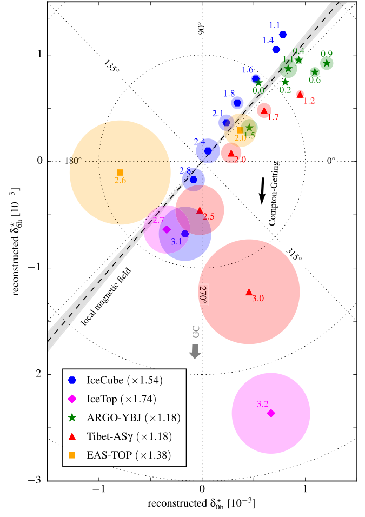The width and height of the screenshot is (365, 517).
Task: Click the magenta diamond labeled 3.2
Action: tap(271, 413)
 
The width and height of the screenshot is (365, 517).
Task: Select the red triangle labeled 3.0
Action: tap(249, 292)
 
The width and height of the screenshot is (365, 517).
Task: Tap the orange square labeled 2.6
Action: tap(120, 173)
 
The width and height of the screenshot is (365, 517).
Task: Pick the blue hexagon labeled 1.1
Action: tap(283, 35)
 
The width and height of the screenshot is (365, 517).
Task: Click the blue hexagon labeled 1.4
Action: tap(276, 49)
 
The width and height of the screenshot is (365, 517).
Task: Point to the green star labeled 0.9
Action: tap(326, 63)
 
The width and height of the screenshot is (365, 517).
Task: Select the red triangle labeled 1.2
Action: tap(300, 94)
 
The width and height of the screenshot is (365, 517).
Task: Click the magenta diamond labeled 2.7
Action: tap(167, 229)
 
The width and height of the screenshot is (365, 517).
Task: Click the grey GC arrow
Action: tap(195, 351)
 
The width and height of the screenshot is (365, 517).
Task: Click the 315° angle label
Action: tap(293, 254)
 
